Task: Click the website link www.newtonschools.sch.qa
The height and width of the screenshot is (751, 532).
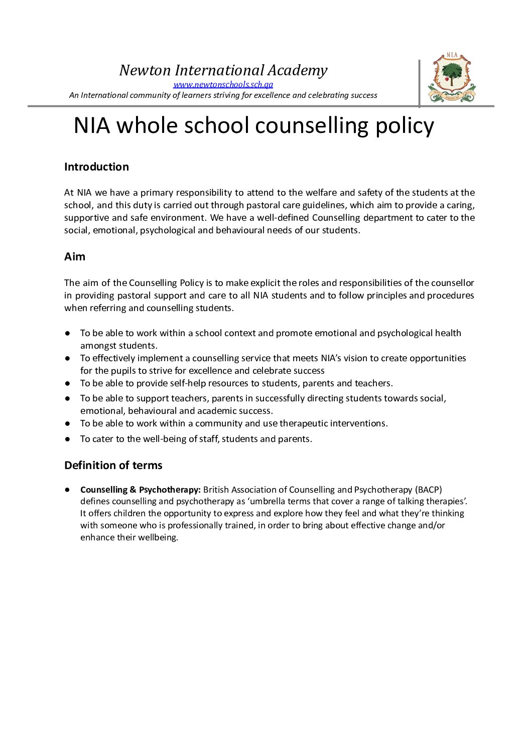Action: tap(223, 84)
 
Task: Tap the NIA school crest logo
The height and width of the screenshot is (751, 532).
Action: tap(452, 78)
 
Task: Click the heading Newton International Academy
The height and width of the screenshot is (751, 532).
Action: tap(223, 70)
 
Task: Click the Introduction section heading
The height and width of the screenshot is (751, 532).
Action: tap(96, 167)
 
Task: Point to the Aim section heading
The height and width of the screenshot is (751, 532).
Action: tap(75, 257)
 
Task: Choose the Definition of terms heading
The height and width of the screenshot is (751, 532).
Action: tap(113, 466)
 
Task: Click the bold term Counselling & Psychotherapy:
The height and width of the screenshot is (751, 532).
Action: tap(141, 490)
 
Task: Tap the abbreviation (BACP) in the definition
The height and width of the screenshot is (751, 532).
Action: tap(429, 490)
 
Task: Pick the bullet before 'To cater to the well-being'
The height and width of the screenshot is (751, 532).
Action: tap(67, 439)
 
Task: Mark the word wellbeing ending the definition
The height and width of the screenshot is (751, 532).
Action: tap(158, 537)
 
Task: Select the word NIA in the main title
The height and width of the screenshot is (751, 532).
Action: tap(91, 126)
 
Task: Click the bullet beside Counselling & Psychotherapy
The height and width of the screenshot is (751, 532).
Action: tap(67, 490)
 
